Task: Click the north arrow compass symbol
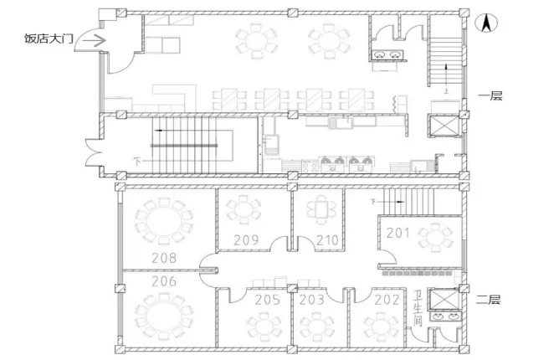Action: [x=486, y=23]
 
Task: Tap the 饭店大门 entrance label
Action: [x=49, y=39]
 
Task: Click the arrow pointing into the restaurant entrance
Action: [x=94, y=41]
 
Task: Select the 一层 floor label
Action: [x=490, y=95]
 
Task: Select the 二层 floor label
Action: [x=489, y=299]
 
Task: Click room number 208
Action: [x=164, y=258]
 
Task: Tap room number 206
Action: [x=164, y=281]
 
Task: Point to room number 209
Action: [x=246, y=240]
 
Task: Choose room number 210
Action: [x=327, y=240]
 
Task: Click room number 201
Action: [x=397, y=233]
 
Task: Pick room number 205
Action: [x=268, y=300]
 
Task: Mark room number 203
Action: [x=311, y=300]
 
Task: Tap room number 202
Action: [x=387, y=300]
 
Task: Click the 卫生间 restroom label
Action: [x=418, y=308]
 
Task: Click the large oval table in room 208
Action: [x=164, y=222]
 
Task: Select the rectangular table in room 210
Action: [x=321, y=209]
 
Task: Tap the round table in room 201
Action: [x=436, y=238]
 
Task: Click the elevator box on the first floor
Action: [x=444, y=126]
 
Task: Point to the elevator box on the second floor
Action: [x=444, y=299]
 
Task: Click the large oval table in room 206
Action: [x=164, y=316]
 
